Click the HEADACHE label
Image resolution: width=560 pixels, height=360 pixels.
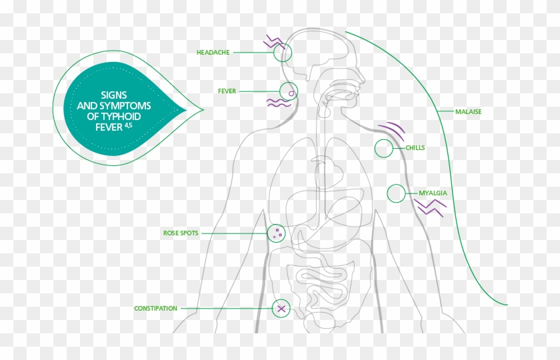coord(213,52)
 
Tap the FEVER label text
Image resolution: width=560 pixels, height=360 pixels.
coord(227,91)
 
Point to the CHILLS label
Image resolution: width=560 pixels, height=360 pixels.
coord(415,148)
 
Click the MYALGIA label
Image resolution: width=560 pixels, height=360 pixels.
coord(433,193)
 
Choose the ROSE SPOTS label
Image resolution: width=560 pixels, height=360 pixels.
coord(181,233)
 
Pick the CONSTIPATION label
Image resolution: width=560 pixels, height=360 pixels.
coord(155,309)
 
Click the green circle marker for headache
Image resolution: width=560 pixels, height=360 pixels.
coord(283,53)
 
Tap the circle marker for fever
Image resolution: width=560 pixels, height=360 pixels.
coord(289,91)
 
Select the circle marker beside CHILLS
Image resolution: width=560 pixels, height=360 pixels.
coord(384,149)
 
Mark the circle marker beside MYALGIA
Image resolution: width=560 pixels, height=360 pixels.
coord(397,194)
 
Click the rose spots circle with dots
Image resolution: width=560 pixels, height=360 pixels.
coord(276,233)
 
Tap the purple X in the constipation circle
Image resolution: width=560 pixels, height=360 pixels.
coord(281,308)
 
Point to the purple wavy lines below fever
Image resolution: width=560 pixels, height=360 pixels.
coord(279,103)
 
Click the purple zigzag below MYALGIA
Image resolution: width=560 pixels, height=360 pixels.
coord(431,208)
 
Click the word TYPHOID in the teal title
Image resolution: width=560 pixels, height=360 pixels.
coord(131,115)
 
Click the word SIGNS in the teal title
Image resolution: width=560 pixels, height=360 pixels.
coord(113,95)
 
